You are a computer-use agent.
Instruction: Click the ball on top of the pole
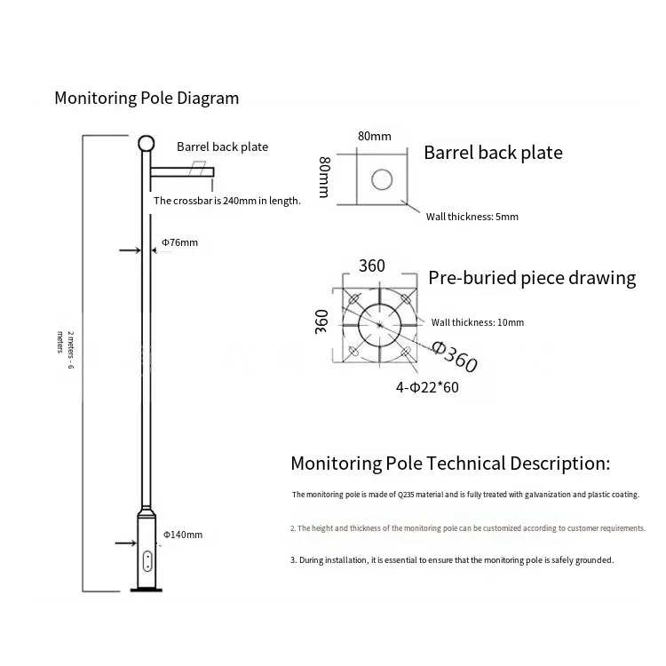pos(147,144)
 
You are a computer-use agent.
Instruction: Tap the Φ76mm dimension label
pos(179,242)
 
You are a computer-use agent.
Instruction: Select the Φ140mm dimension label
pos(183,535)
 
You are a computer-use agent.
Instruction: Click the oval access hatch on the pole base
pos(147,560)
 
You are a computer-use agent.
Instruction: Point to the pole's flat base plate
pos(147,590)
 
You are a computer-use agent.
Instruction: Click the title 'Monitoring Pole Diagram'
pos(147,98)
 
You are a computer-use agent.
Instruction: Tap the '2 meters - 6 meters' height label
pos(66,350)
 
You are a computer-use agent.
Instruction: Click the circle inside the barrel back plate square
pos(382,179)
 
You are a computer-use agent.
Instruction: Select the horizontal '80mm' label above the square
pos(374,136)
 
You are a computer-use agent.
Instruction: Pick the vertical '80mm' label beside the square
pos(324,177)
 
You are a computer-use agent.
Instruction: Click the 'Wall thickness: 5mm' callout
pos(472,217)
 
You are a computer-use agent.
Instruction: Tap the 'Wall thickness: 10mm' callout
pos(478,322)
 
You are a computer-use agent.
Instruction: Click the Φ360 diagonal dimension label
pos(455,357)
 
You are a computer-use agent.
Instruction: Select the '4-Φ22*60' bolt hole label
pos(427,387)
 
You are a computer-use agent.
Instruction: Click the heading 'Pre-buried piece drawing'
pos(532,278)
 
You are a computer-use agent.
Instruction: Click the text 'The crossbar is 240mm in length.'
pos(227,201)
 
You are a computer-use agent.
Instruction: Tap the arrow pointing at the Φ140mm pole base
pos(126,543)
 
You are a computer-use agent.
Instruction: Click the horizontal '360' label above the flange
pos(372,266)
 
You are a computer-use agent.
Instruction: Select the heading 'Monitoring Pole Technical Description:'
pos(450,464)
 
